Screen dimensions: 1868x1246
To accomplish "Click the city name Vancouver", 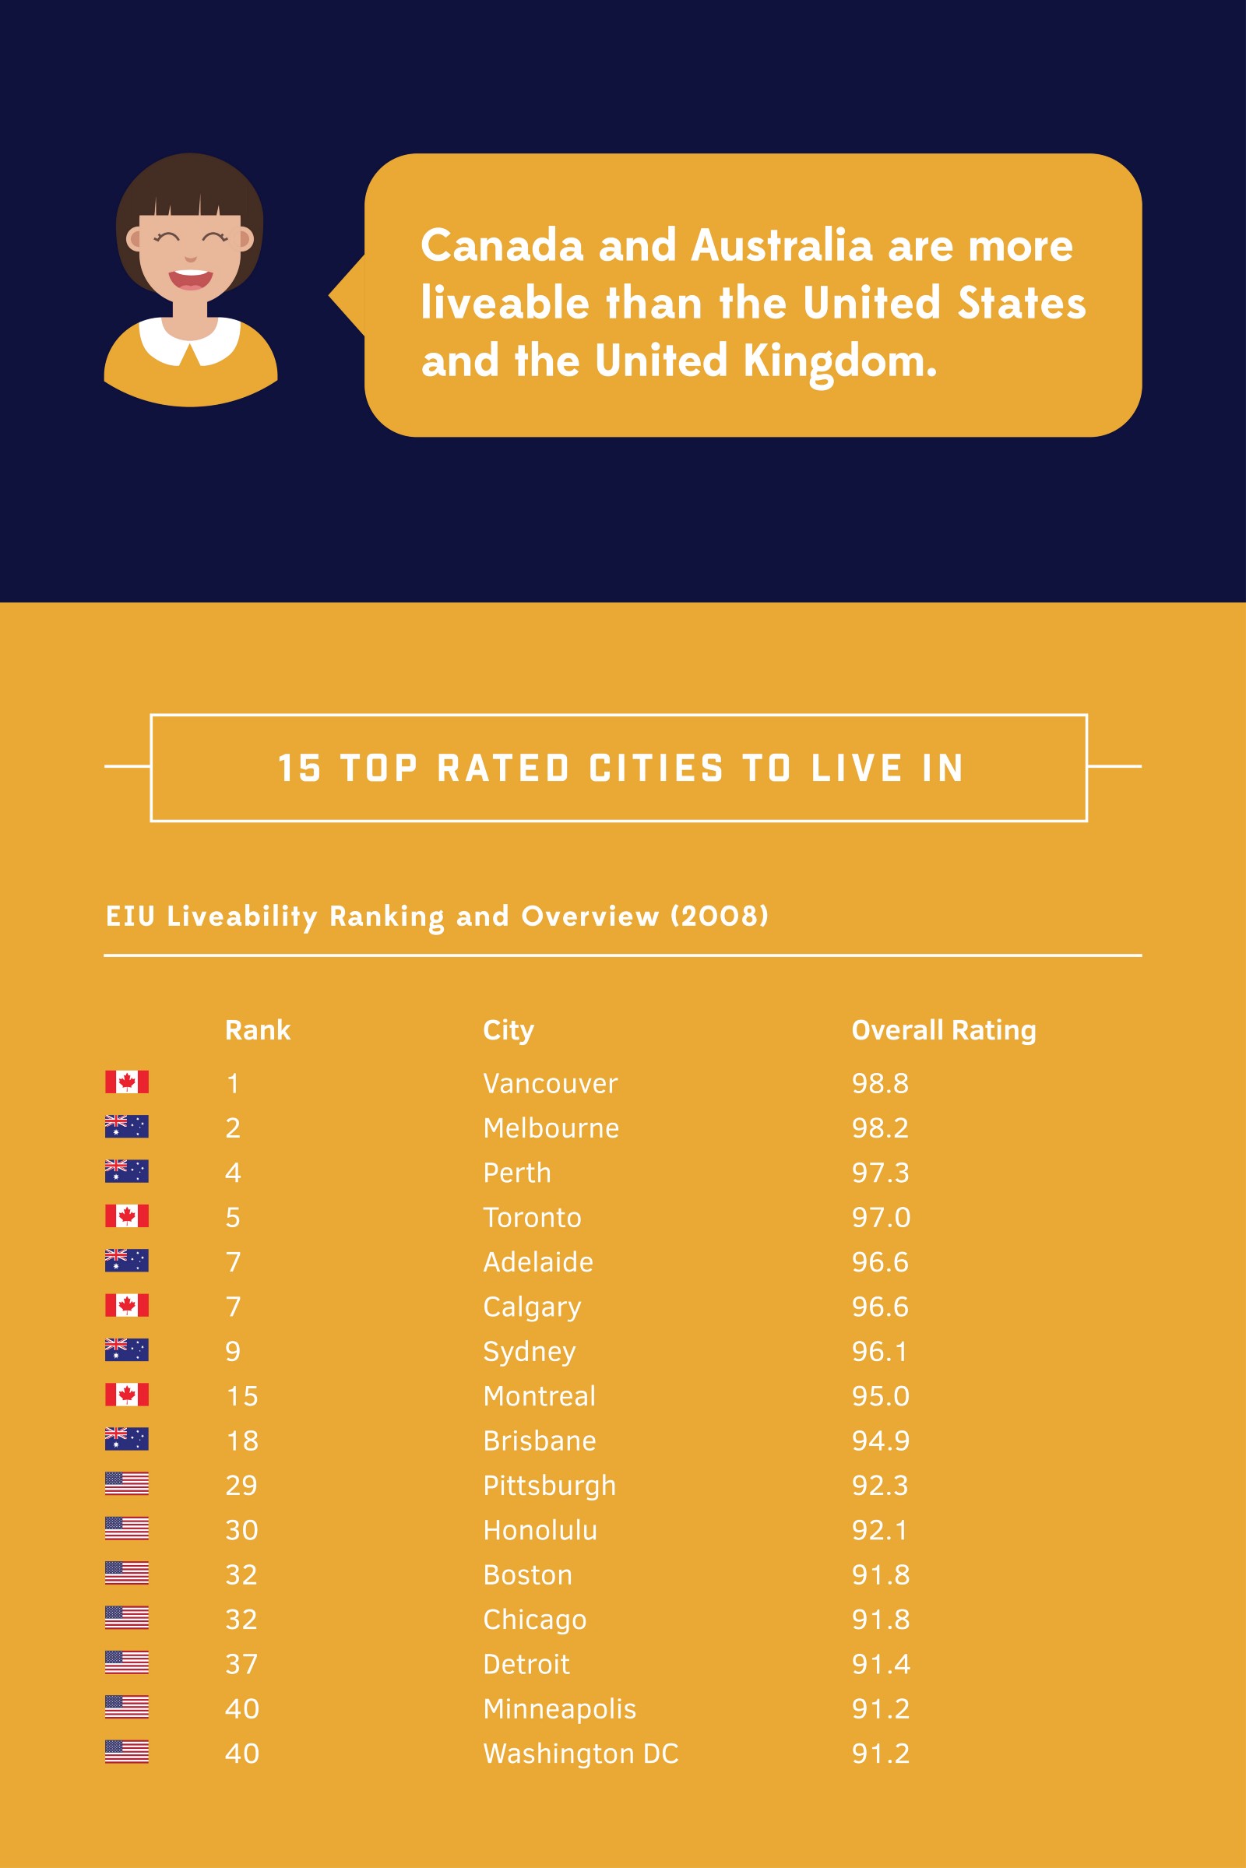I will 550,1083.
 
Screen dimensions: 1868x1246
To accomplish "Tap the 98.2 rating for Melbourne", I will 880,1127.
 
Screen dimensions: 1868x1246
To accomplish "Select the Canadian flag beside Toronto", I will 126,1215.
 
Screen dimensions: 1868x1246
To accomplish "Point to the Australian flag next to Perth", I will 126,1171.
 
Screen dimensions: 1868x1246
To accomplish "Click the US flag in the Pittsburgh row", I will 126,1483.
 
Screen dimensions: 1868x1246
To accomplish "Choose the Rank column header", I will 258,1029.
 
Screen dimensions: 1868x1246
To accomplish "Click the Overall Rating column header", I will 943,1029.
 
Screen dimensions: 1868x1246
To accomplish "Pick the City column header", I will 508,1030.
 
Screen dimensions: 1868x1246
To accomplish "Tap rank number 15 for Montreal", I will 241,1396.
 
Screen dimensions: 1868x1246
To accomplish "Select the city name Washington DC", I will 581,1754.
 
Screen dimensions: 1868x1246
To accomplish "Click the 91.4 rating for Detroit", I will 881,1664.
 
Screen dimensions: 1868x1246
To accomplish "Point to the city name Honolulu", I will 540,1530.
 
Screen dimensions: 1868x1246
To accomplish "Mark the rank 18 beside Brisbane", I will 241,1441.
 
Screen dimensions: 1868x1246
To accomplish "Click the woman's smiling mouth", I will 190,279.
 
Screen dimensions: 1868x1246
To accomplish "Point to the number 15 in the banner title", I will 299,769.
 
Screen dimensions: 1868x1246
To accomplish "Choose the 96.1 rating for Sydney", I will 879,1352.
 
